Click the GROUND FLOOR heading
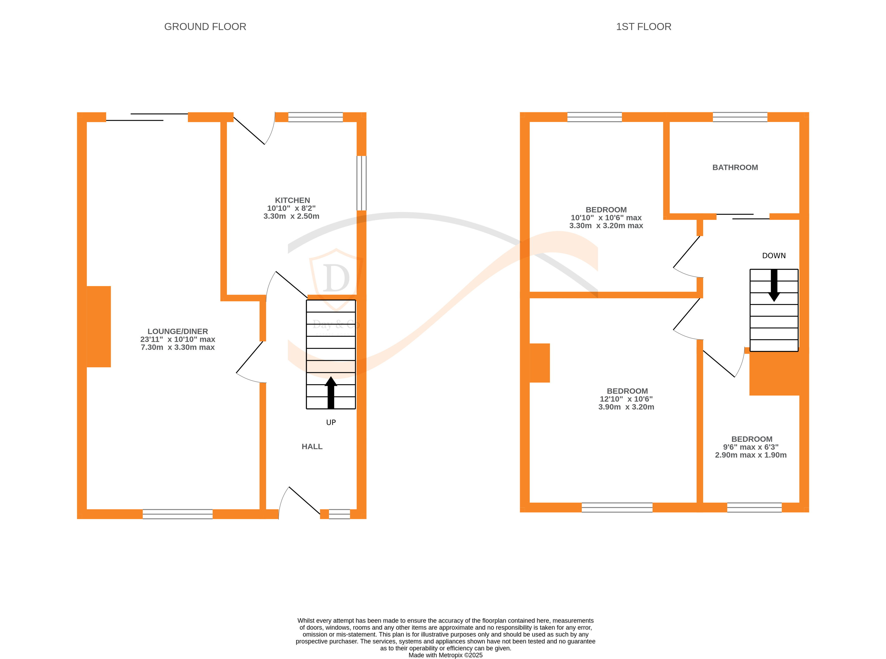point(205,27)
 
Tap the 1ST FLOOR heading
point(643,27)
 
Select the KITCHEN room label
point(292,200)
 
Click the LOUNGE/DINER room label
point(178,332)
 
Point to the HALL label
point(312,446)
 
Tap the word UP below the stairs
point(331,422)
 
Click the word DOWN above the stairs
point(774,256)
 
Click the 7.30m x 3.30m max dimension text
point(178,347)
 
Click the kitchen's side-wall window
point(361,183)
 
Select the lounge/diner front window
point(178,514)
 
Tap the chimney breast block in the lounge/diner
point(99,326)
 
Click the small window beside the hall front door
point(339,514)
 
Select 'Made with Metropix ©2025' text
point(445,655)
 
